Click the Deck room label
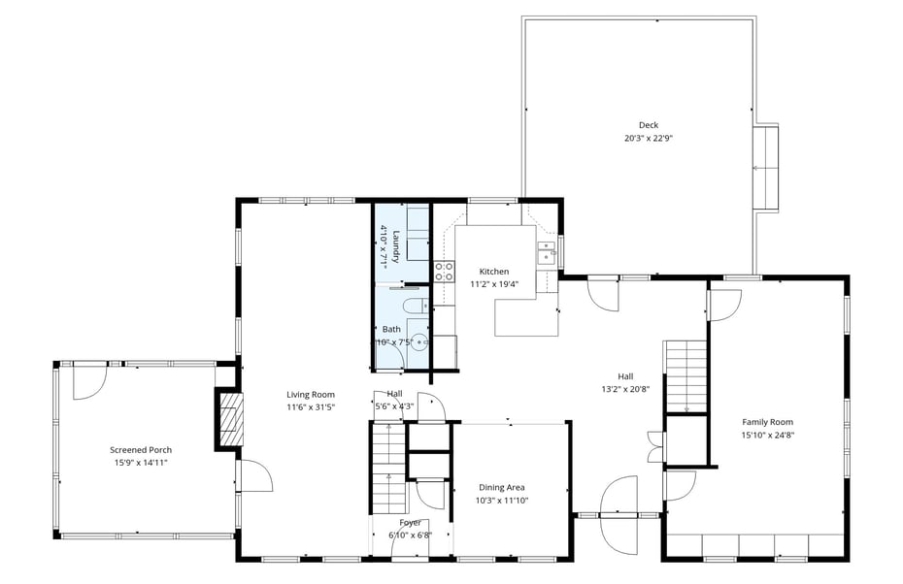tap(648, 125)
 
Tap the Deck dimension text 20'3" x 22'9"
tap(649, 138)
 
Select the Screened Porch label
tap(141, 450)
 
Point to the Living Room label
tap(311, 394)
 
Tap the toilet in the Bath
tap(415, 308)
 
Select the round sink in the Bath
tap(419, 341)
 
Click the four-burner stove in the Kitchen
tap(444, 272)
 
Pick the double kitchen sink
tap(547, 253)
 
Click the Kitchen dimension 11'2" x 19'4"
tap(494, 283)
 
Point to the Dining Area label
tap(501, 487)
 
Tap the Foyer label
tap(410, 523)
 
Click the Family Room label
tap(767, 422)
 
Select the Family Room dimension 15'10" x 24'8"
tap(768, 435)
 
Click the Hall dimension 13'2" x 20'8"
tap(625, 389)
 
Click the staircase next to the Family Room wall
tap(686, 376)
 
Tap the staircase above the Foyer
tap(388, 469)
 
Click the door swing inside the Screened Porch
tap(90, 382)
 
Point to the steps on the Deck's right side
tap(766, 168)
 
